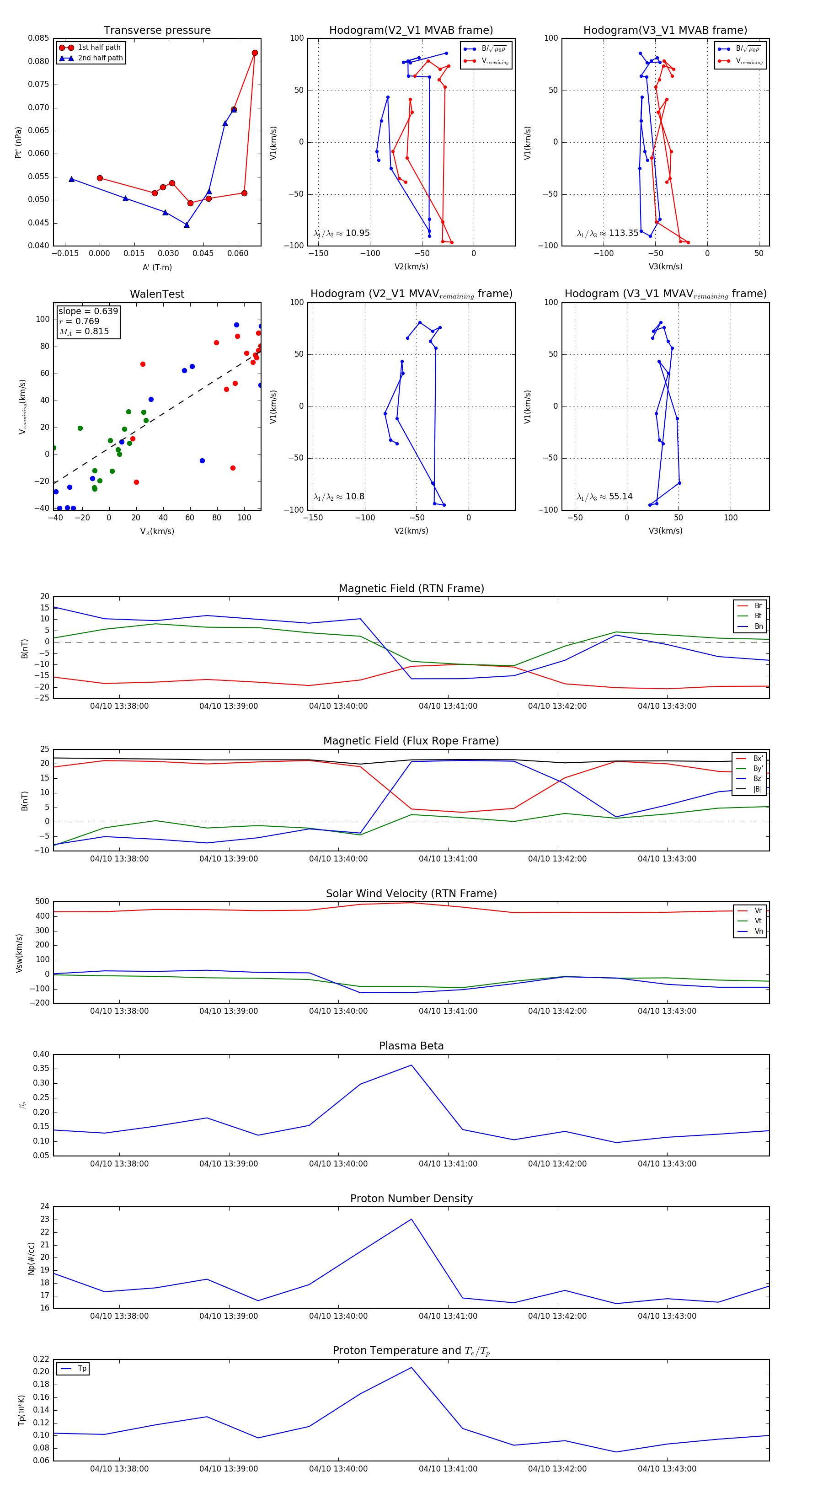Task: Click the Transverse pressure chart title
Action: (x=157, y=31)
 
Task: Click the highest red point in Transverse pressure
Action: (x=255, y=53)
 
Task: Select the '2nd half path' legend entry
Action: (x=100, y=58)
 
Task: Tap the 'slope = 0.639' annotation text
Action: (x=88, y=311)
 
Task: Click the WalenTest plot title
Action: (x=157, y=294)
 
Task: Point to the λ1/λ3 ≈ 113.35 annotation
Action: (x=608, y=233)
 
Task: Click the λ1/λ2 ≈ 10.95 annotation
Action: (x=342, y=233)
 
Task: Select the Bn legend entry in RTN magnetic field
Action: (x=758, y=626)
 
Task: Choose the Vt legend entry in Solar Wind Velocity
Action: (x=758, y=921)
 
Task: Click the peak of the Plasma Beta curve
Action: (x=411, y=1065)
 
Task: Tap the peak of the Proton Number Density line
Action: (x=411, y=1219)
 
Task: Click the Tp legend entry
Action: (x=82, y=1369)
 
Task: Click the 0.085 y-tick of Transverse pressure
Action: (x=39, y=38)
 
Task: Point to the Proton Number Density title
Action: (x=411, y=1199)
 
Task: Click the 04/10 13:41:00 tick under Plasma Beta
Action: (x=448, y=1163)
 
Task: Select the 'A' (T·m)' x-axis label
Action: (x=157, y=267)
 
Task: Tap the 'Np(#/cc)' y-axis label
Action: (x=31, y=1258)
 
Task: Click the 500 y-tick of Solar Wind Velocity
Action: (x=42, y=902)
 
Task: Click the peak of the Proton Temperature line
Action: (x=411, y=1368)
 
